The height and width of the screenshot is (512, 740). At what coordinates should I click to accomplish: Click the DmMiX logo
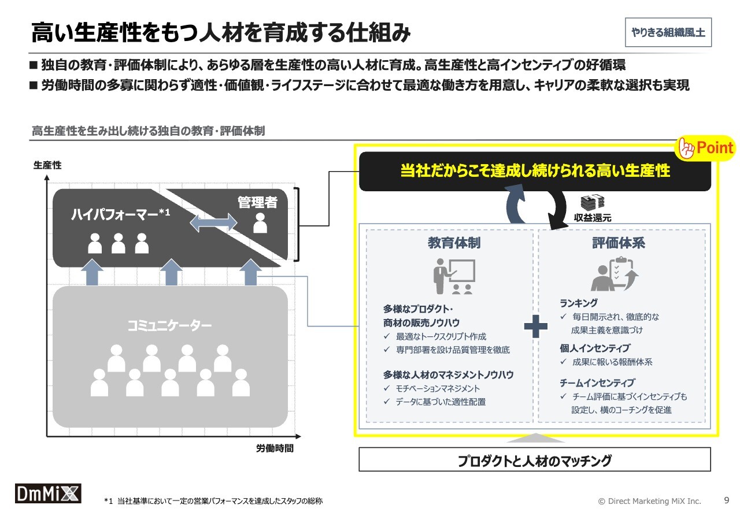point(48,493)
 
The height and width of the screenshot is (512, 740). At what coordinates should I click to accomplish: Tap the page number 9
point(726,500)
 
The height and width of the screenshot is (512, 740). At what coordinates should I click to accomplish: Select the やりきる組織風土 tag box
point(668,32)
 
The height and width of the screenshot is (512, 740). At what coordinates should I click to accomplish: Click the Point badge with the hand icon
point(705,149)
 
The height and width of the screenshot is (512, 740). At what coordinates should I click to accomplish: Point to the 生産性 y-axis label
point(47,165)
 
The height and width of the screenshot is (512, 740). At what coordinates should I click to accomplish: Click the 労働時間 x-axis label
point(275,448)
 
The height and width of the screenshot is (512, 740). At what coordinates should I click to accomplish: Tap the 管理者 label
point(257,202)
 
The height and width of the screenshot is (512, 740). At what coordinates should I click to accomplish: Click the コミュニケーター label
point(169,326)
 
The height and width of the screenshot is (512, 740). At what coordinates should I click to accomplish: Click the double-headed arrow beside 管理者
point(213,222)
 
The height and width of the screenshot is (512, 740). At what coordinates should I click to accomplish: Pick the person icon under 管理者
point(260,223)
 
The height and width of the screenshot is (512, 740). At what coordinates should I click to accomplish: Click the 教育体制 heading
point(454,243)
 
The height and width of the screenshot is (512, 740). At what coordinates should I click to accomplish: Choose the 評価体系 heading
point(619,243)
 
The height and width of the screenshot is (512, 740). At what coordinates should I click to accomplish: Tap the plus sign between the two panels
point(535,327)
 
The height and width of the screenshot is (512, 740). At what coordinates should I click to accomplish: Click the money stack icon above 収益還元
point(593,202)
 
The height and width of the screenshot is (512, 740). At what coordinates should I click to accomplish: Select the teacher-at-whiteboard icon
point(454,276)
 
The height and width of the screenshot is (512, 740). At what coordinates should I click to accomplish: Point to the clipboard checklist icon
point(615,274)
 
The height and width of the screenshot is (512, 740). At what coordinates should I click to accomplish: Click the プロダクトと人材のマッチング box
point(535,459)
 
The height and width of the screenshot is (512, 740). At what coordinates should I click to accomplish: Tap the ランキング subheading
point(579,303)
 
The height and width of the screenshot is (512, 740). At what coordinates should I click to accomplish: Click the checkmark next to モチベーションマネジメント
point(387,388)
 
